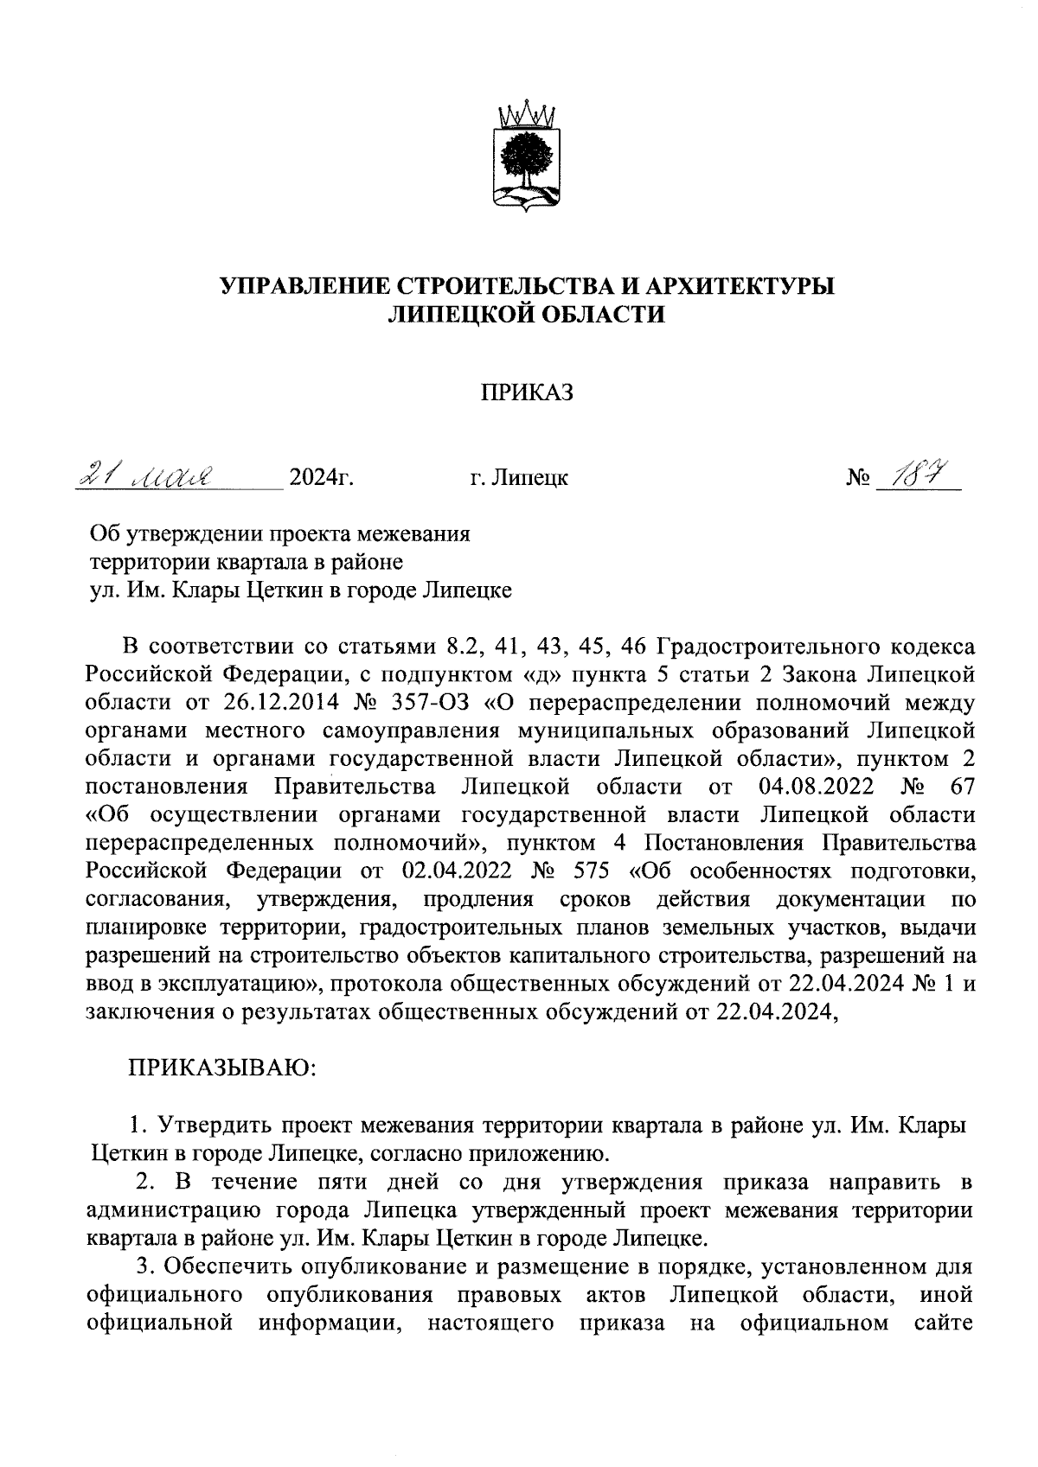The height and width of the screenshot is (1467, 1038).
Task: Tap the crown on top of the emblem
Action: (528, 113)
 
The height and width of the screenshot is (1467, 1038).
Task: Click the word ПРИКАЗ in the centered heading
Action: (528, 393)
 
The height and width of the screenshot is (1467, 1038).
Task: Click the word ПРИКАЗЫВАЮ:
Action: (224, 1068)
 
